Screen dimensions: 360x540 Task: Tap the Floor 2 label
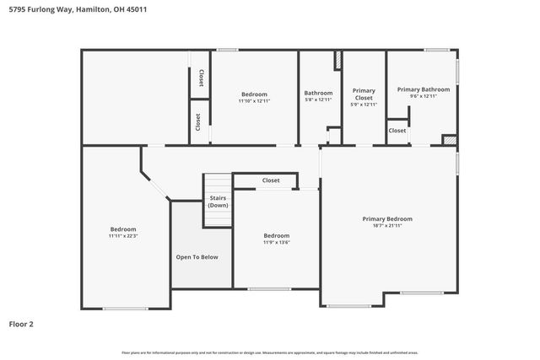[x=22, y=323]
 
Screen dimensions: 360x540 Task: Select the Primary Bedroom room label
[x=387, y=218]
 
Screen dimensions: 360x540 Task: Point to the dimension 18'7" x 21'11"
[x=387, y=225]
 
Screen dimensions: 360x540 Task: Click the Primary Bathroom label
[x=423, y=89]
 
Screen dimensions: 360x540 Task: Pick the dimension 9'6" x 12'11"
[x=423, y=96]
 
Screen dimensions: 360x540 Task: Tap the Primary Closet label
[x=364, y=94]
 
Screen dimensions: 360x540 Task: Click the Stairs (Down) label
[x=219, y=201]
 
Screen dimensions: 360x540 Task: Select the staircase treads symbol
[x=219, y=184]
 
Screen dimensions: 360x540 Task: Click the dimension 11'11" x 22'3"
[x=122, y=236]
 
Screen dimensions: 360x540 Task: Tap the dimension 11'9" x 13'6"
[x=276, y=243]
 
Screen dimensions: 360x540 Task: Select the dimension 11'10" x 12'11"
[x=254, y=101]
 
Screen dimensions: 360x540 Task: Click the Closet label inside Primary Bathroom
[x=397, y=131]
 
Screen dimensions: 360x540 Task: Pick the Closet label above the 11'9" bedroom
[x=271, y=180]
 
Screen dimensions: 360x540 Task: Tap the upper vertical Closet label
[x=201, y=78]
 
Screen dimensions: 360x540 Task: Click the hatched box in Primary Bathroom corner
[x=450, y=140]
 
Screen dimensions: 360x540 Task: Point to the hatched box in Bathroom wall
[x=338, y=61]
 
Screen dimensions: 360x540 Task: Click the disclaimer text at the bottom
[x=270, y=352]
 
